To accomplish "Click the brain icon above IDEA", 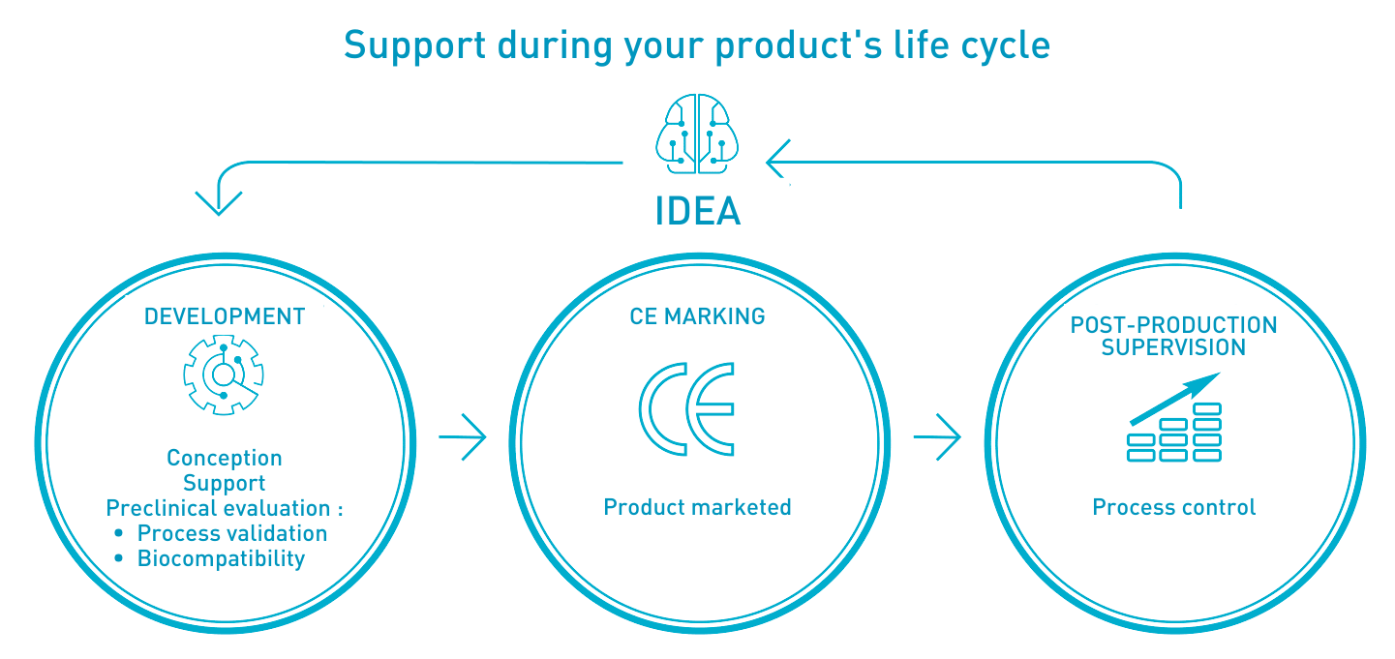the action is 697,134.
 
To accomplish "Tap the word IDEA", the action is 697,211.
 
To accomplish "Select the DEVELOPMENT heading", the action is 225,316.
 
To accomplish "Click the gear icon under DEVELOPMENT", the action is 224,374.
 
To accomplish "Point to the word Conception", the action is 225,458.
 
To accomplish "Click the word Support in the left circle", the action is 225,483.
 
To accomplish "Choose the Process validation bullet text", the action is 231,533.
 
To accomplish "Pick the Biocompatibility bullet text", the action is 221,558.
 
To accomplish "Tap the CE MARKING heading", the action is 697,316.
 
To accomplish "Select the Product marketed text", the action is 697,507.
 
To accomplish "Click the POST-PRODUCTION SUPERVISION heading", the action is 1174,336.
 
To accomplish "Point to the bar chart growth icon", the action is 1174,417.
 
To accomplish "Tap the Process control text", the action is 1174,507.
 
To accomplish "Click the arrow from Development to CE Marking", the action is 463,436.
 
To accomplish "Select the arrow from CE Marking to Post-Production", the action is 937,436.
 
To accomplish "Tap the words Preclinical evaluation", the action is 218,508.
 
